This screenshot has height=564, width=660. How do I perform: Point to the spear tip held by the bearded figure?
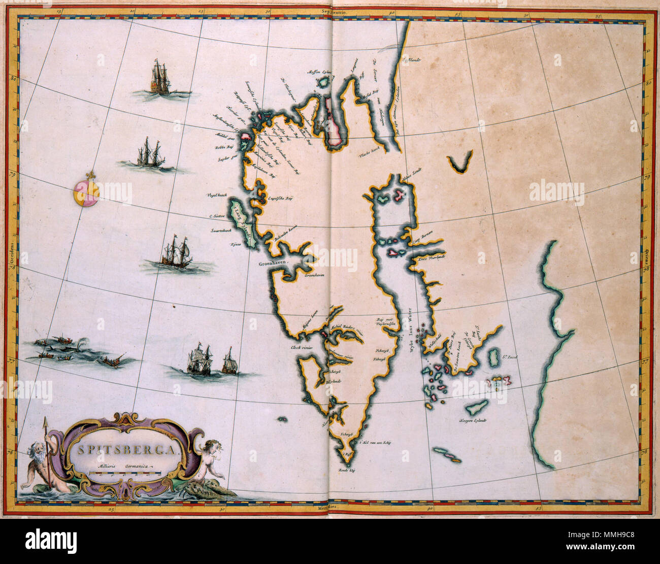pos(45,421)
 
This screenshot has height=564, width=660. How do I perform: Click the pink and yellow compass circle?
pos(86,193)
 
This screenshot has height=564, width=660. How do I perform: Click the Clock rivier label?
pos(301,348)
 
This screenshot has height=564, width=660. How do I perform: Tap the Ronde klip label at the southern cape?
pos(347,471)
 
